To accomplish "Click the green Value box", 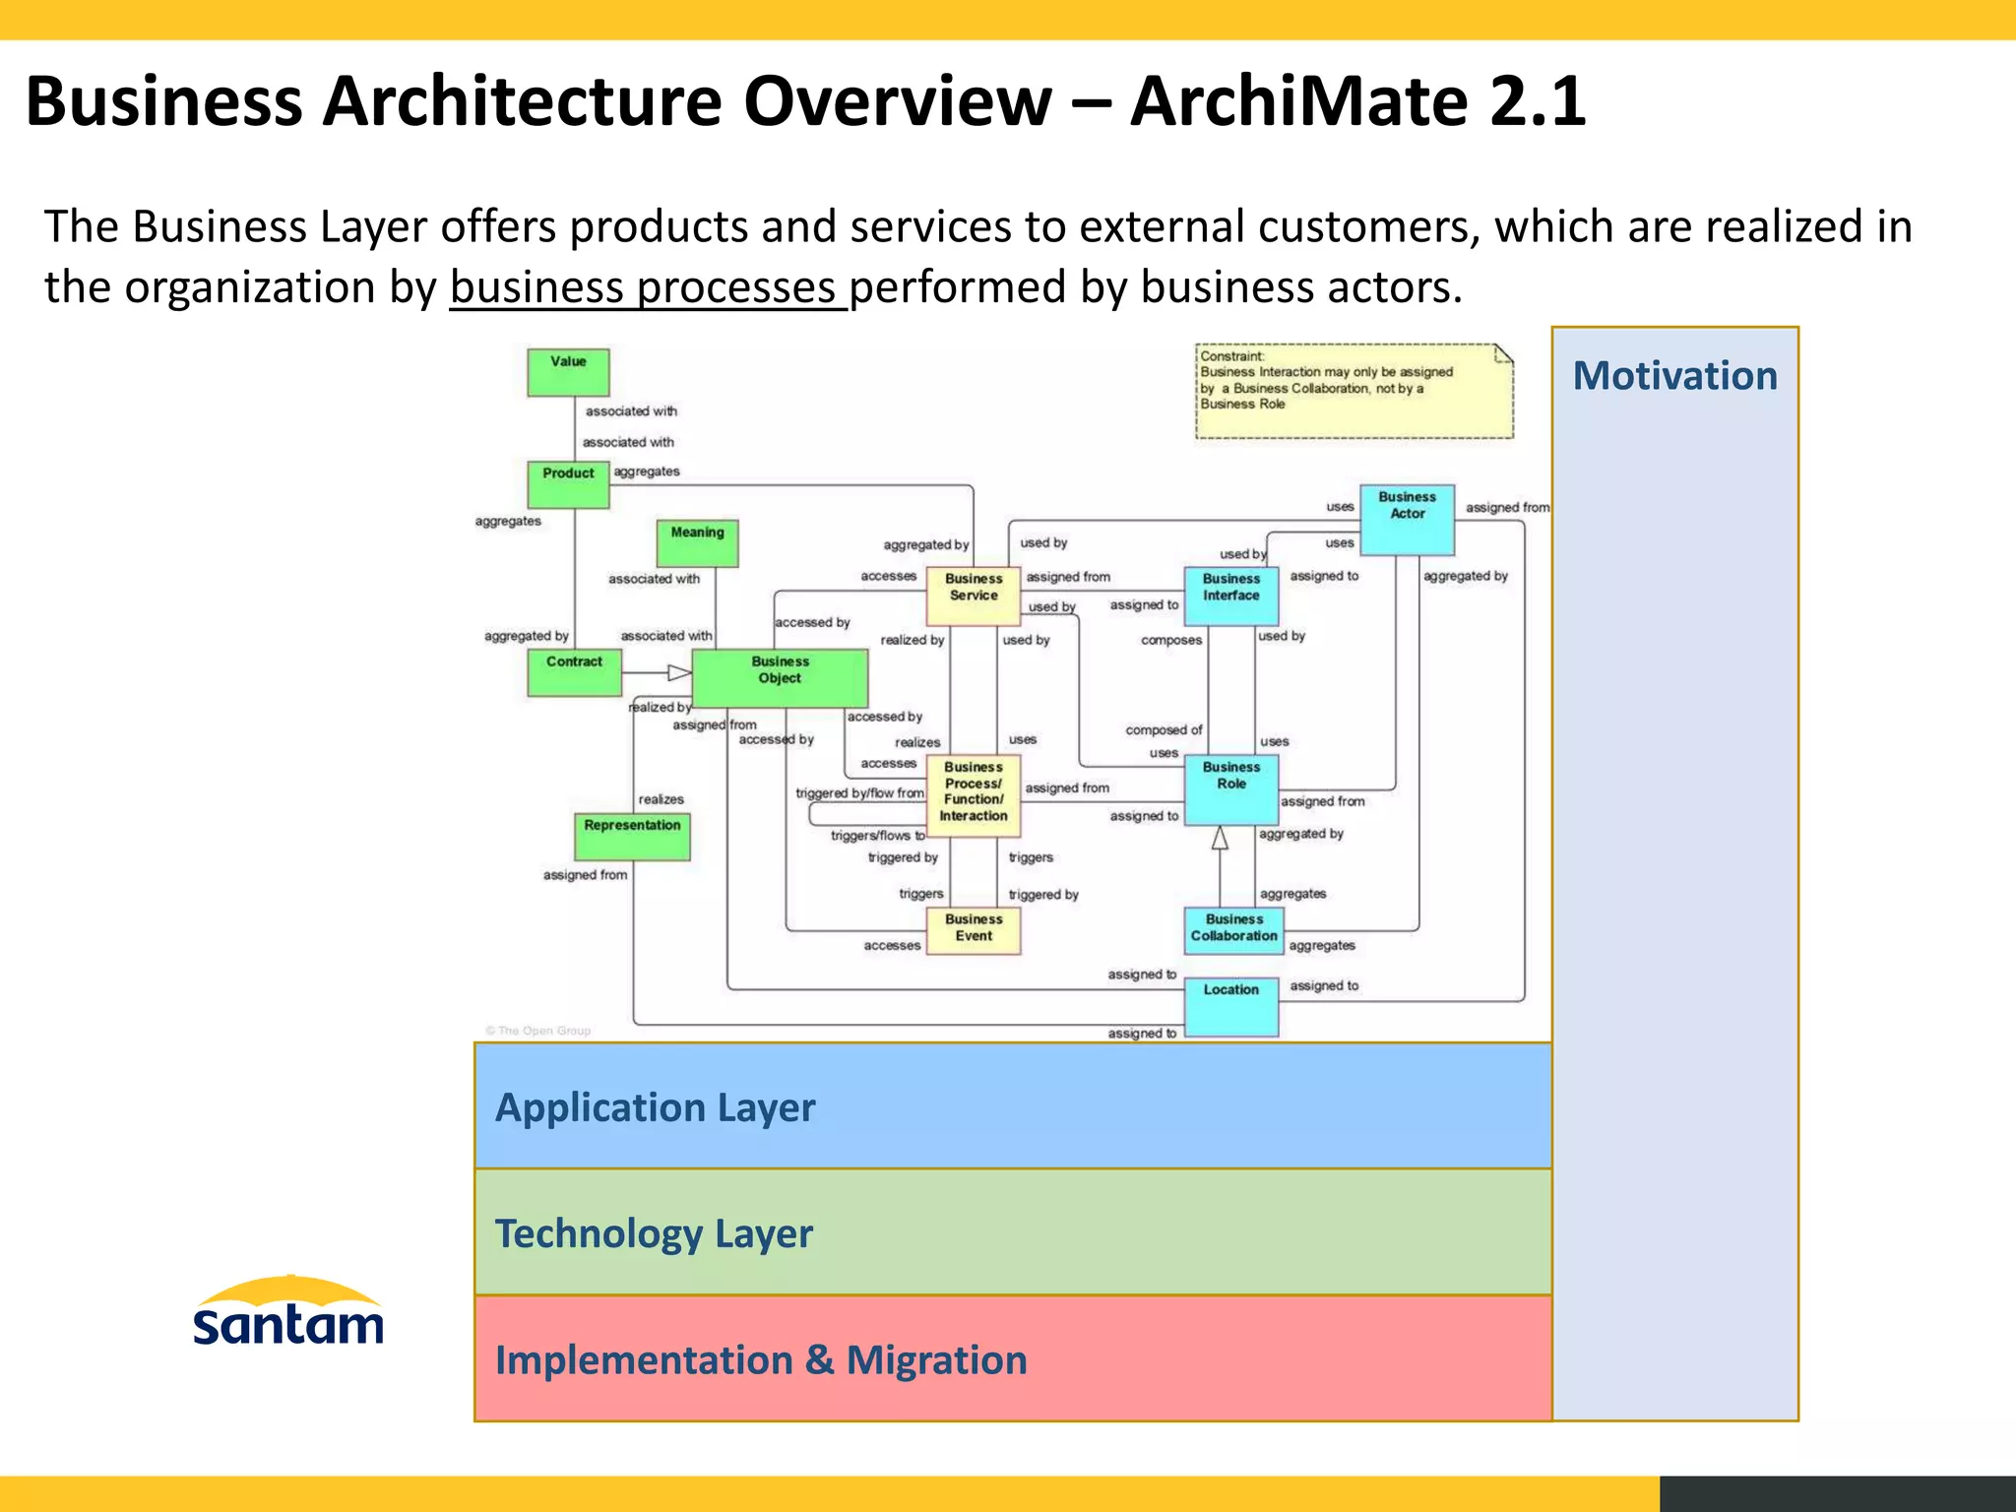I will point(568,372).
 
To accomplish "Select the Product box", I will point(568,484).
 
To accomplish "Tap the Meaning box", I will point(697,542).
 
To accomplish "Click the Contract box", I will point(574,672).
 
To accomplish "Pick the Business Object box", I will point(780,678).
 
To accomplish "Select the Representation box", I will point(632,836).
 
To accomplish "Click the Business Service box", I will point(974,597).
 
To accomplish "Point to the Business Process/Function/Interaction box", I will point(974,795).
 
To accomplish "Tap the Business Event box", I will point(974,930).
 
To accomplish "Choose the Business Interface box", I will point(1230,597).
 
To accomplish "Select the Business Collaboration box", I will point(1233,930).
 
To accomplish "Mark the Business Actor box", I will point(1407,519).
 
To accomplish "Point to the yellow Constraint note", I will point(1354,392).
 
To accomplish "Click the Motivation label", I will point(1674,376).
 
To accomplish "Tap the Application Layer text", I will point(655,1107).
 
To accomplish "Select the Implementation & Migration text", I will point(761,1359).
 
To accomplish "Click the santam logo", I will point(288,1312).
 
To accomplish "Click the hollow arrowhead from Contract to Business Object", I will point(679,673).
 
